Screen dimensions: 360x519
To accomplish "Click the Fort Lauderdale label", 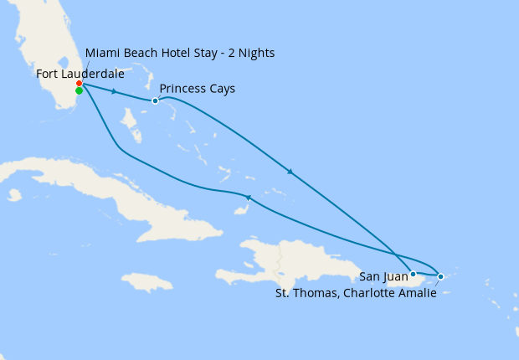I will [x=80, y=74].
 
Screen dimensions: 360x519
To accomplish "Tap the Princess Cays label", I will [x=197, y=89].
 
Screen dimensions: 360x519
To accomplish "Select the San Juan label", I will [x=383, y=275].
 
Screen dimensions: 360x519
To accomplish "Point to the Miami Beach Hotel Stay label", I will [x=179, y=54].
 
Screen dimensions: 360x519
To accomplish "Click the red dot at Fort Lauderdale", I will [x=79, y=84].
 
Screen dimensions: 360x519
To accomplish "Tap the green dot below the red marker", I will [x=79, y=91].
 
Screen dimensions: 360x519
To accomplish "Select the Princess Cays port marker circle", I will [x=155, y=101].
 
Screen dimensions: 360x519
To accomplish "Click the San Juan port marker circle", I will [x=413, y=274].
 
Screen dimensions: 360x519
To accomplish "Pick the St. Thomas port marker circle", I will [x=441, y=275].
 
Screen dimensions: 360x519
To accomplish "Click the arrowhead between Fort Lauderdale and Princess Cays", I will [x=113, y=91].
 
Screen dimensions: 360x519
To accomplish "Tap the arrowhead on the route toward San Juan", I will [x=290, y=172].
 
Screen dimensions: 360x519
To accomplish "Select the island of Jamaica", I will [x=146, y=281].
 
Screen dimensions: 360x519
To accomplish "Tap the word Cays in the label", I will [x=221, y=89].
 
